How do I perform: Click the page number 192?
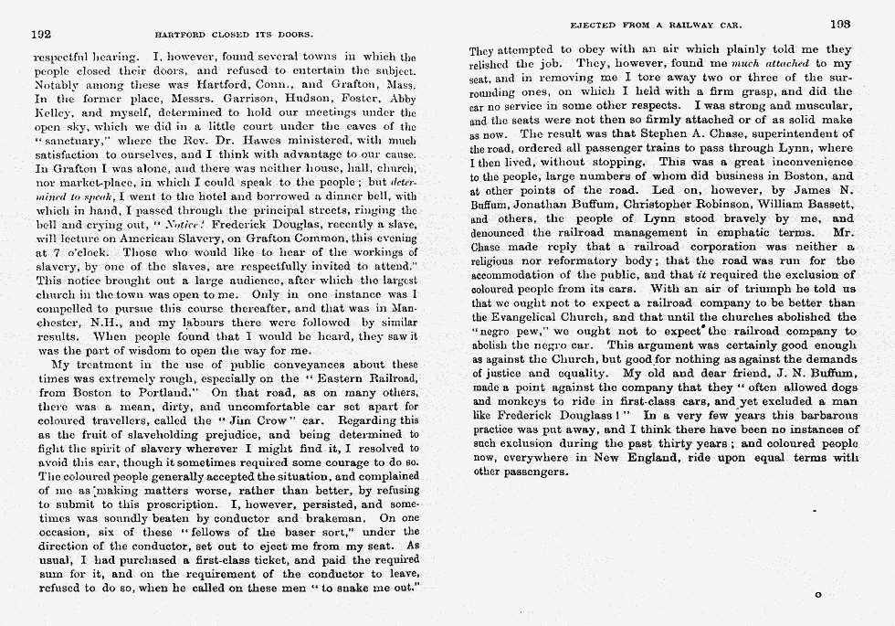pos(40,34)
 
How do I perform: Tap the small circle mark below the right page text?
pos(817,595)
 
